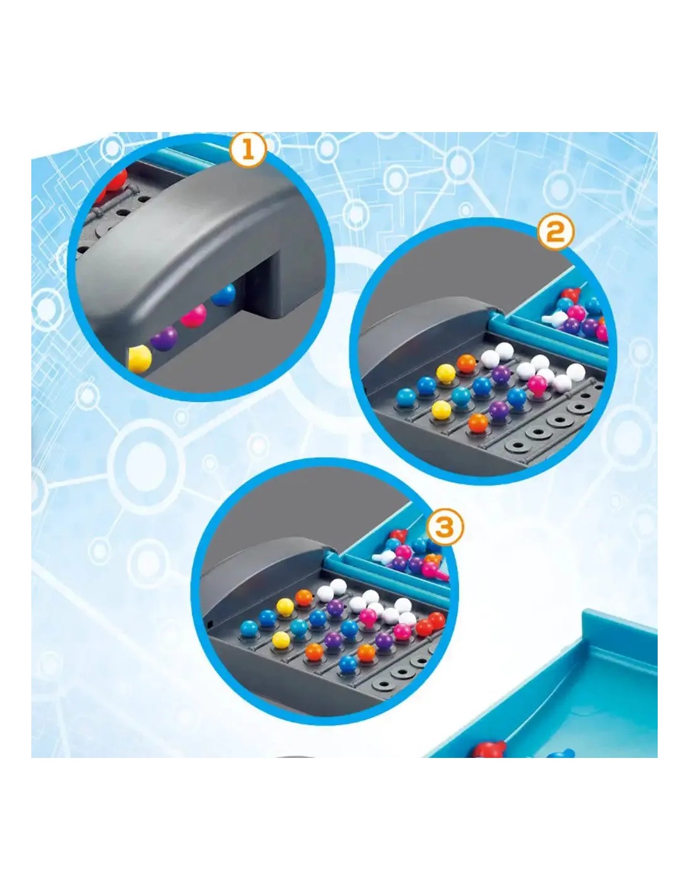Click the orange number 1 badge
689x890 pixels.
pos(247,151)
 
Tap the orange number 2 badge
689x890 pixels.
pos(555,233)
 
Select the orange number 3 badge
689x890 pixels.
pos(445,527)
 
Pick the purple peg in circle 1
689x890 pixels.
pos(164,338)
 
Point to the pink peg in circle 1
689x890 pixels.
pos(194,315)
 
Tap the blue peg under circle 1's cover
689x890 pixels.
pos(224,295)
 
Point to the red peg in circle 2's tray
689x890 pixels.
pos(572,294)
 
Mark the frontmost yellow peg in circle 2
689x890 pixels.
pos(441,409)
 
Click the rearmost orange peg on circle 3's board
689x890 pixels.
pos(304,597)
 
